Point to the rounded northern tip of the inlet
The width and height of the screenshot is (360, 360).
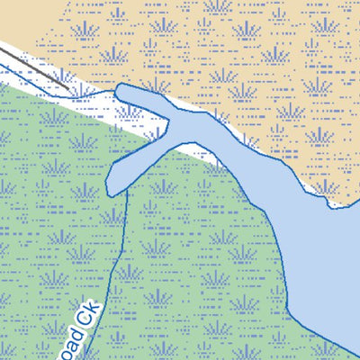coord(125,89)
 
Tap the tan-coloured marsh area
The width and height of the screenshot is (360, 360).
coord(270,54)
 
